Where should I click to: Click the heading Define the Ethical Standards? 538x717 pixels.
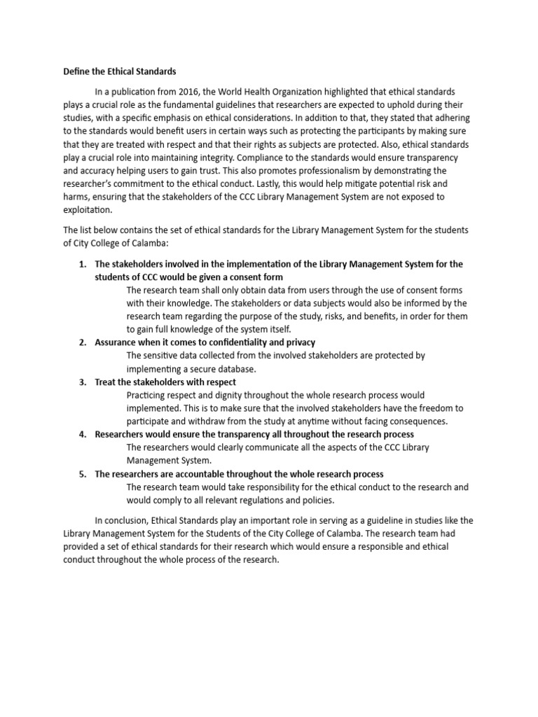120,71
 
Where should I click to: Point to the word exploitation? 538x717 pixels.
88,210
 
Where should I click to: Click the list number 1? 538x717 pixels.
81,264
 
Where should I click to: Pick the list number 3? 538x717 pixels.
81,382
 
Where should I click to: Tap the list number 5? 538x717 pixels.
81,474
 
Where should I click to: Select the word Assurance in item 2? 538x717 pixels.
116,342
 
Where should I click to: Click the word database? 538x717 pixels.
237,369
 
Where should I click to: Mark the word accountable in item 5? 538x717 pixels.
199,474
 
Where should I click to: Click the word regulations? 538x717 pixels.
254,500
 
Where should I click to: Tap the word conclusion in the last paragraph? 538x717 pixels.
127,521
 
